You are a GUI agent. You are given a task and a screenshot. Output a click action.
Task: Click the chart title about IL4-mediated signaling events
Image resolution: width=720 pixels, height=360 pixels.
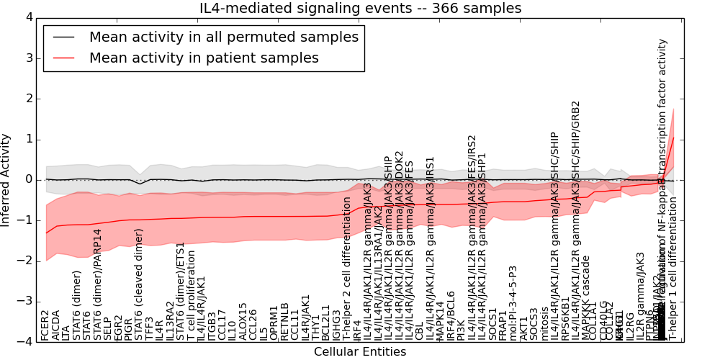(x=360, y=8)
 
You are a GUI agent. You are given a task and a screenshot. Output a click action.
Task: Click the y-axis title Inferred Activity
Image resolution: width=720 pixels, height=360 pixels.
(x=6, y=179)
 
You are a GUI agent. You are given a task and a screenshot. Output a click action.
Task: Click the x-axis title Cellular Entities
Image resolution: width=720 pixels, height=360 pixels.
(x=360, y=351)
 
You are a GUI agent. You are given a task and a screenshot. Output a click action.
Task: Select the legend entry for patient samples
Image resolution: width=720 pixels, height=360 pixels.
(x=204, y=58)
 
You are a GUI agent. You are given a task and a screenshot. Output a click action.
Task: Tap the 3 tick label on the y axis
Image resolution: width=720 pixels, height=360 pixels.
(x=29, y=58)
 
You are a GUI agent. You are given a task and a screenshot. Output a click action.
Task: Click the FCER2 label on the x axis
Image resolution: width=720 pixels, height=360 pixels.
(x=46, y=325)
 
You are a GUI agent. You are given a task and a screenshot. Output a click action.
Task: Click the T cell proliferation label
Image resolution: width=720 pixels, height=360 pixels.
(x=192, y=296)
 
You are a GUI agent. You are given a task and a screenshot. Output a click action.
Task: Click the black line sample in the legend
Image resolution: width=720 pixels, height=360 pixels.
(x=62, y=37)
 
